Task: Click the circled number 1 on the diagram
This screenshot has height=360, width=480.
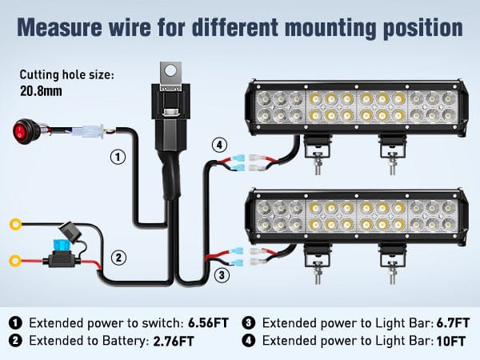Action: click(x=118, y=157)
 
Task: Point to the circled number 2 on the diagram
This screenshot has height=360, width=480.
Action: click(x=118, y=258)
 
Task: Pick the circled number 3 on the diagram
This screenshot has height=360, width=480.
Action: click(x=222, y=274)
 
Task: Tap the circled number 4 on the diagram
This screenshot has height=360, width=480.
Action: click(x=219, y=145)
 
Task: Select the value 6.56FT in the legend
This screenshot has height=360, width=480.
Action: click(x=207, y=323)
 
